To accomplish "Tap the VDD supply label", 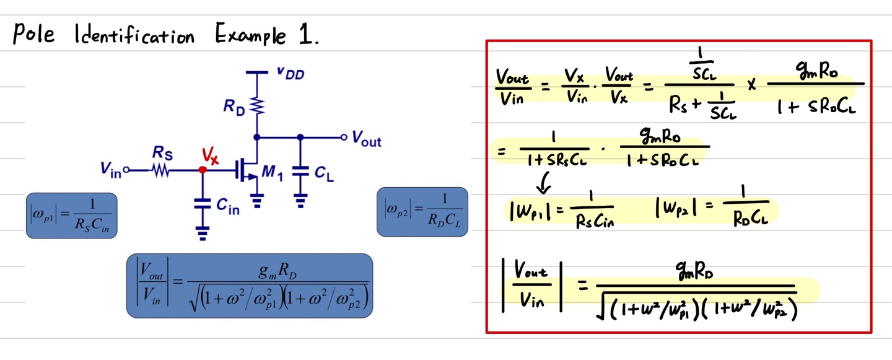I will coord(290,74).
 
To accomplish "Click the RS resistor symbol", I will coord(162,169).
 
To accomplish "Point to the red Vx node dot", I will coord(202,169).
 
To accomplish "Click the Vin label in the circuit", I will coord(111,170).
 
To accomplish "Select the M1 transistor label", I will coord(272,174).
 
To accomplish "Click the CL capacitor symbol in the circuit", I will coord(300,174).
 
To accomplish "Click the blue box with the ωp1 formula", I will coord(72,215).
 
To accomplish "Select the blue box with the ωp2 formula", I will coord(422,211).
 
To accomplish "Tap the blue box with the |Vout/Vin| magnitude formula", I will coord(250,286).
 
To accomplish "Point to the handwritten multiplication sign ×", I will coord(751,84).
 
